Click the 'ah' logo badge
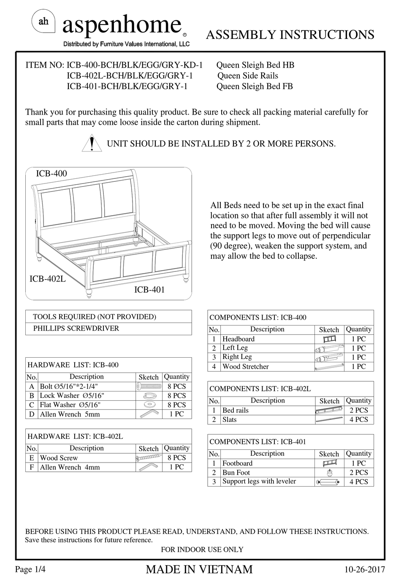(x=43, y=22)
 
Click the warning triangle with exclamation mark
(x=92, y=144)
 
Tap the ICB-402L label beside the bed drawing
(x=47, y=279)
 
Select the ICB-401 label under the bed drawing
(x=149, y=290)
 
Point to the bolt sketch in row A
(x=149, y=386)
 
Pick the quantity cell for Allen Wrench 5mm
(x=176, y=414)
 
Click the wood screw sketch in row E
(x=149, y=458)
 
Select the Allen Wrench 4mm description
(x=70, y=467)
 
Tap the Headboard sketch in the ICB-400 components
(x=329, y=339)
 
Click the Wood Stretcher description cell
(x=245, y=367)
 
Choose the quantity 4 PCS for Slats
(x=358, y=420)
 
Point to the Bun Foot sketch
(x=329, y=473)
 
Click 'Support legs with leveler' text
(x=259, y=482)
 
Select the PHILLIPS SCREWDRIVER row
(x=76, y=328)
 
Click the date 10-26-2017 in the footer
(x=365, y=569)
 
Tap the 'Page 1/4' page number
(x=30, y=569)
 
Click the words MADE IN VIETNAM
(x=199, y=569)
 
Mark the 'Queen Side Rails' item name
(x=248, y=76)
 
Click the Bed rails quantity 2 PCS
(x=358, y=411)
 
